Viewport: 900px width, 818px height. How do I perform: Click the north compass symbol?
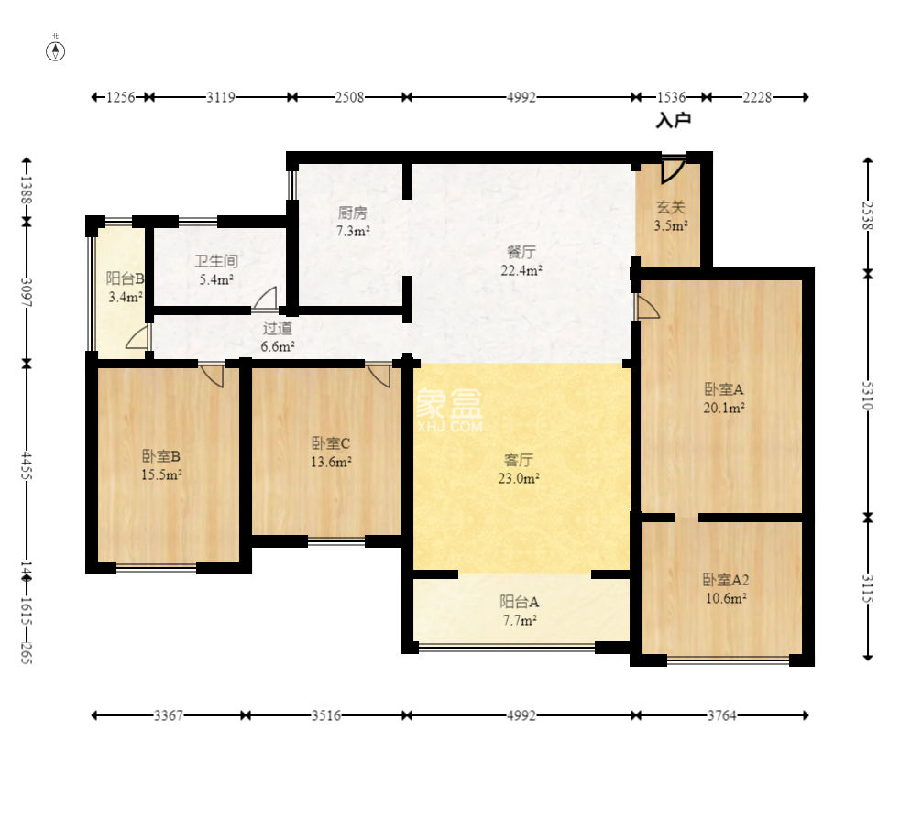click(56, 51)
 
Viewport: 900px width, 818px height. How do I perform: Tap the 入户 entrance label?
click(674, 121)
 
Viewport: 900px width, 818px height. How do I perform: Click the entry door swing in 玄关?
click(673, 169)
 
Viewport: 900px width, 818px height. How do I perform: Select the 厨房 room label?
click(353, 213)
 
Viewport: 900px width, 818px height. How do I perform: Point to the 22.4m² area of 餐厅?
click(521, 270)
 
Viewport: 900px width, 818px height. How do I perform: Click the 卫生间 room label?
click(215, 261)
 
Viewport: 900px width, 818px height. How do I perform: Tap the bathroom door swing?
click(265, 300)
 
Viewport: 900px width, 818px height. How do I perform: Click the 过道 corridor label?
click(278, 328)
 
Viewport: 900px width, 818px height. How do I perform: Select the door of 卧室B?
click(211, 375)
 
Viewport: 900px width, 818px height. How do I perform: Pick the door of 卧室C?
click(379, 375)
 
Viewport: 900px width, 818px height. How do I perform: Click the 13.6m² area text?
click(331, 462)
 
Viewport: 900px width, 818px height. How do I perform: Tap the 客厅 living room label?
click(519, 460)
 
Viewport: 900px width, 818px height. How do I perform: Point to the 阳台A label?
click(519, 602)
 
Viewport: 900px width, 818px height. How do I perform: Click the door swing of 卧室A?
click(647, 307)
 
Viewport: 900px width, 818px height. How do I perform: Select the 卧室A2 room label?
click(726, 579)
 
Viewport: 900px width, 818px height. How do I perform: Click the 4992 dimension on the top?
click(521, 97)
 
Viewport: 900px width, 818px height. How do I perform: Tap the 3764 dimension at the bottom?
click(721, 715)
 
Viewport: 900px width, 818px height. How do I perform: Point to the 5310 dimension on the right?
click(867, 396)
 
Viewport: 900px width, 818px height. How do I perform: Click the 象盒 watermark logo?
click(449, 403)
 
